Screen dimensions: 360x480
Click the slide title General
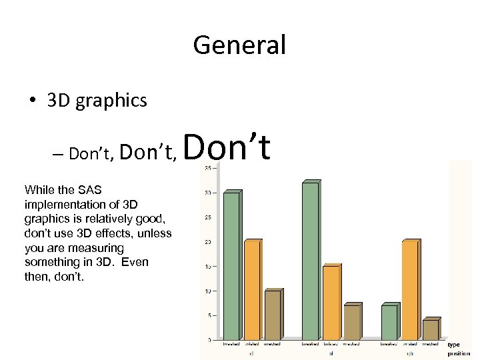coord(239,45)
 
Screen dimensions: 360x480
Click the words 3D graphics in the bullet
coord(97,100)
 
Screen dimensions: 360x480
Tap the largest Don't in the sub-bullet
coord(227,148)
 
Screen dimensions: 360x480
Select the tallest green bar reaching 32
coord(310,260)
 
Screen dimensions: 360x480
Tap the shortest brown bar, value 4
coord(430,329)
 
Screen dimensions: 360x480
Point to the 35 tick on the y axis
coord(208,168)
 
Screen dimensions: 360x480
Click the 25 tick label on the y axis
coord(208,217)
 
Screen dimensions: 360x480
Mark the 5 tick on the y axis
coord(209,315)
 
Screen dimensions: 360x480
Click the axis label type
coord(454,345)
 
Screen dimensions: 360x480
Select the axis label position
coord(459,353)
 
